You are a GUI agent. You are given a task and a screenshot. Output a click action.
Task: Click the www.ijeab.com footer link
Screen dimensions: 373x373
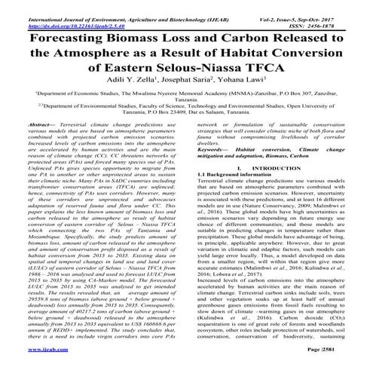tap(35, 351)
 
